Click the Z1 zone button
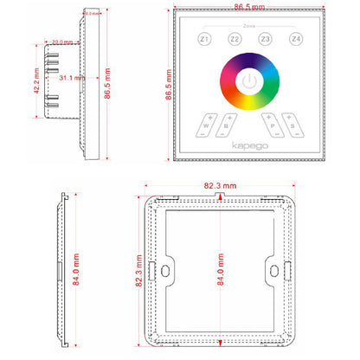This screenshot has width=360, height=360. [x=204, y=40]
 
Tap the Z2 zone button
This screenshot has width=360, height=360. [x=235, y=40]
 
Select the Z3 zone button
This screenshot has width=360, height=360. [x=265, y=40]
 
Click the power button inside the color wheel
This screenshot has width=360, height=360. [x=250, y=83]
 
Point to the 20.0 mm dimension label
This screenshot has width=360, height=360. [x=61, y=42]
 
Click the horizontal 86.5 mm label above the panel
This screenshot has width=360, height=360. [x=250, y=8]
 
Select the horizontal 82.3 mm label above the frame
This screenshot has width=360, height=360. [x=221, y=185]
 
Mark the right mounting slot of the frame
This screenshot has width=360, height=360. [x=277, y=271]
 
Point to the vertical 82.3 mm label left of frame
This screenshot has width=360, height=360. [x=138, y=271]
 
